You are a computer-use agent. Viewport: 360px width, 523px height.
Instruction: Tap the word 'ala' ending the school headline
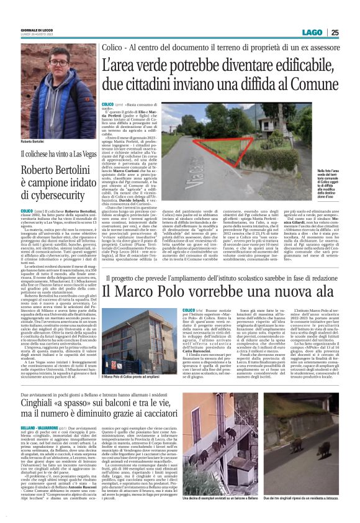pyautogui.click(x=315, y=290)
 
